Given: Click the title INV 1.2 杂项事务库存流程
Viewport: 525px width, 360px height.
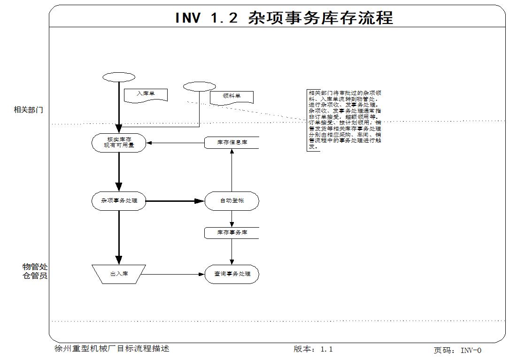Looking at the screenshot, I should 284,17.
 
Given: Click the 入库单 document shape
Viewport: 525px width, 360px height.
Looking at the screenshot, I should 146,95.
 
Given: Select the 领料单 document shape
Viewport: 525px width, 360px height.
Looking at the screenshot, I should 232,97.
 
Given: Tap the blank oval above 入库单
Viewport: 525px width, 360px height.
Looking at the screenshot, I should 119,77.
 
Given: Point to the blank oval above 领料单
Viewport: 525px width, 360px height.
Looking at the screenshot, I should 200,87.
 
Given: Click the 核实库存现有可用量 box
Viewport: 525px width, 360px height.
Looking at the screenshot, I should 119,143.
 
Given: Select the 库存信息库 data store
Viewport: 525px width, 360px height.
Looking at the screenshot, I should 232,143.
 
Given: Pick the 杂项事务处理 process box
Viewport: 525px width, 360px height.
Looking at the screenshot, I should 119,201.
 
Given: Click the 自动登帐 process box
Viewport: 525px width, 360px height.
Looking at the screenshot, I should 232,201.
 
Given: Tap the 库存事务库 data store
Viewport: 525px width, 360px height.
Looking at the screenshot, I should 232,233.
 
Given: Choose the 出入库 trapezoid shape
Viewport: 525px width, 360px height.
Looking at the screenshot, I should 119,274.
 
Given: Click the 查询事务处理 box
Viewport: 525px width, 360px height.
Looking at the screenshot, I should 232,274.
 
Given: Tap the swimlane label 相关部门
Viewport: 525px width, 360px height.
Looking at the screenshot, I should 28,110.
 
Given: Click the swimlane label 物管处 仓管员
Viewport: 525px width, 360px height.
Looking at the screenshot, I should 35,271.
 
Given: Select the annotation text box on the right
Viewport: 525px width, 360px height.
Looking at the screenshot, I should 344,120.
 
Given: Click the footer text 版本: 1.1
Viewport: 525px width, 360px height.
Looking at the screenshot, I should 313,349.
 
